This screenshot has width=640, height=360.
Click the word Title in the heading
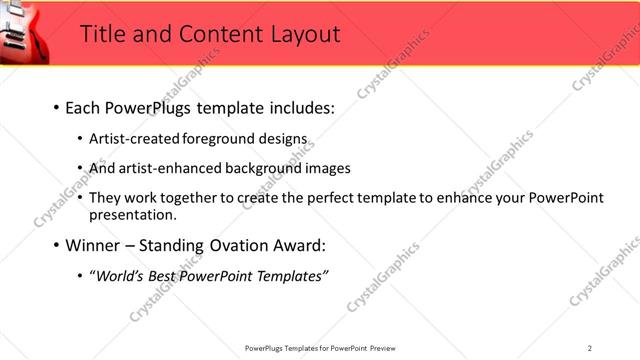point(102,34)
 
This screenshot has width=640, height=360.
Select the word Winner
point(94,245)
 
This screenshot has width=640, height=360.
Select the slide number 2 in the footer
point(590,348)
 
